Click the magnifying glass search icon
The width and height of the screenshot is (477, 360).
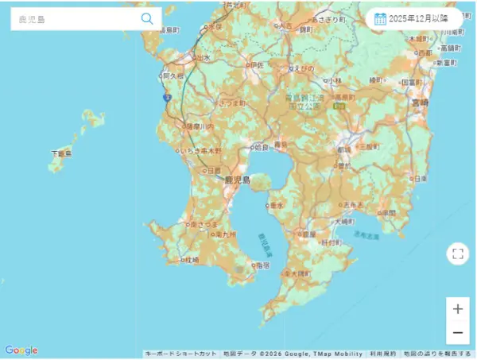[147, 18]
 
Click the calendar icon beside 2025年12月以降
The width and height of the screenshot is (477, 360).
[380, 18]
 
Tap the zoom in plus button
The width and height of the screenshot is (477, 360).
[457, 308]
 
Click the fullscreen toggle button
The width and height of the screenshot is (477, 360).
[457, 254]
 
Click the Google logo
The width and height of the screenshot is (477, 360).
[21, 350]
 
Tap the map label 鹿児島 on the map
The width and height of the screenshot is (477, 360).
[238, 180]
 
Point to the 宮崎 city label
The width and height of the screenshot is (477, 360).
[419, 103]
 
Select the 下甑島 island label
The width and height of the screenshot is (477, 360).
[60, 153]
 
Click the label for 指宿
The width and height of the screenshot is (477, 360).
[262, 265]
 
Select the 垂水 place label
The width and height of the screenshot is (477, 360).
[277, 204]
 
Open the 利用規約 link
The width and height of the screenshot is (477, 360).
[382, 354]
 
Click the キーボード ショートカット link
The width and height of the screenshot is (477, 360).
[181, 354]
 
